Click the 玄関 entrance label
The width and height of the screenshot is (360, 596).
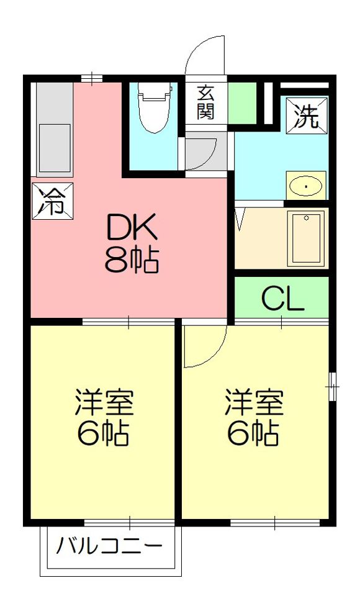click(205, 102)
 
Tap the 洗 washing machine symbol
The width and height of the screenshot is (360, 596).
click(307, 115)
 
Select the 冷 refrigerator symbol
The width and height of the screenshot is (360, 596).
click(52, 201)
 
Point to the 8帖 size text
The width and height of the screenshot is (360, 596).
click(132, 260)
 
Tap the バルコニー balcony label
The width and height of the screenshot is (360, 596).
click(109, 547)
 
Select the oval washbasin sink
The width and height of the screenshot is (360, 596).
click(305, 186)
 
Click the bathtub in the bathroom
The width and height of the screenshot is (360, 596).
click(305, 238)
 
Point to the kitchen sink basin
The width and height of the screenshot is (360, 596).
click(55, 148)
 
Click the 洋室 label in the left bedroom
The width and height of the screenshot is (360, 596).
click(104, 402)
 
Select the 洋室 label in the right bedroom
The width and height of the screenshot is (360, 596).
click(254, 402)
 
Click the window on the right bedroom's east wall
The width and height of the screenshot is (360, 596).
click(333, 386)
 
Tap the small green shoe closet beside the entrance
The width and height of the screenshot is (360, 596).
click(242, 102)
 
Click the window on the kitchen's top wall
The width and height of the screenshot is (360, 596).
click(92, 78)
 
